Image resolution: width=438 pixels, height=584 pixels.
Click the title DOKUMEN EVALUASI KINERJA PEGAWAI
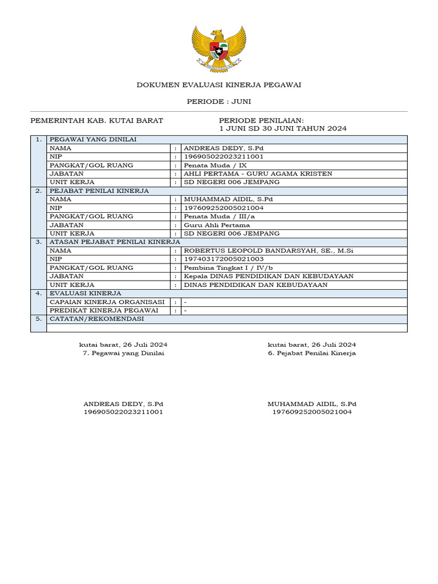218,85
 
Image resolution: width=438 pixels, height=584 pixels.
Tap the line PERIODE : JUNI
218,102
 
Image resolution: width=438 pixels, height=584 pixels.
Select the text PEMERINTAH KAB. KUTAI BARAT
96,120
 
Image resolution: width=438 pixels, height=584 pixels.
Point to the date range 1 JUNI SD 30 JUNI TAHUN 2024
283,128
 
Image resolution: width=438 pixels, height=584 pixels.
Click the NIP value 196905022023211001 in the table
224,157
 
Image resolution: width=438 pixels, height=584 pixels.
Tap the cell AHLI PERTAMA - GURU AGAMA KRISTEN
257,174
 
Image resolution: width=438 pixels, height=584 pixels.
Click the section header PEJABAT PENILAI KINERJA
99,191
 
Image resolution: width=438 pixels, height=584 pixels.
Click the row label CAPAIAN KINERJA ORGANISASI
107,302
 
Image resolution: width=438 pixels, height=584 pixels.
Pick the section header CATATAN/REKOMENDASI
96,319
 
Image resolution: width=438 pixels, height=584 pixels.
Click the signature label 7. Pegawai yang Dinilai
124,354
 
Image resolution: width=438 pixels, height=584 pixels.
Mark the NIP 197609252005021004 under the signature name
312,412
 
